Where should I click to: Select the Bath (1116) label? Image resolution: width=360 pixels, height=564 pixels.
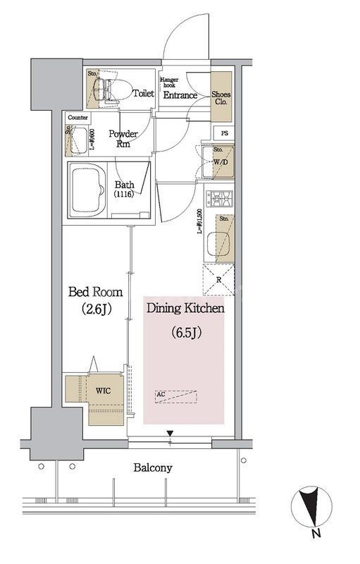click(125, 189)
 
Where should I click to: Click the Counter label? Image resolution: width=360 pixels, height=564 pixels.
click(78, 118)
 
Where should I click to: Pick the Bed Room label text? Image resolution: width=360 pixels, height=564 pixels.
click(95, 292)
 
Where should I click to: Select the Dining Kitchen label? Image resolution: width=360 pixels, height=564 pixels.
click(185, 308)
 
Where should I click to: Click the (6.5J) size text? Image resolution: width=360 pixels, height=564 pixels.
click(185, 331)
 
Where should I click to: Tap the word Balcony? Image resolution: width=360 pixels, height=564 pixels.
click(152, 467)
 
